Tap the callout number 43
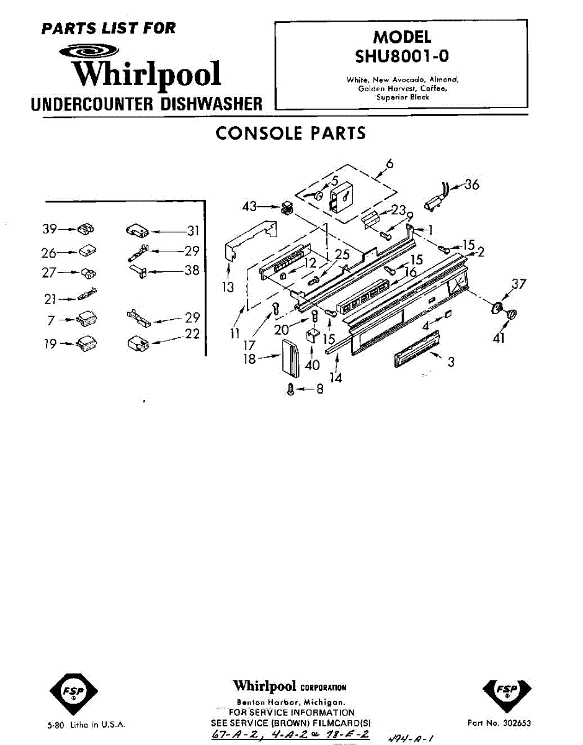[249, 206]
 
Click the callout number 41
[499, 338]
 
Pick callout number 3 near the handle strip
[451, 361]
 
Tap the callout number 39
[50, 229]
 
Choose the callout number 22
[192, 333]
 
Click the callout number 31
[193, 231]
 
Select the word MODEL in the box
[401, 37]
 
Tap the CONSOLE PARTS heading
[290, 133]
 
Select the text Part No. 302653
[499, 723]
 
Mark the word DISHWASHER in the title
[211, 104]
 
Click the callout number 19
[50, 343]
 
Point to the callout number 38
[192, 271]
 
